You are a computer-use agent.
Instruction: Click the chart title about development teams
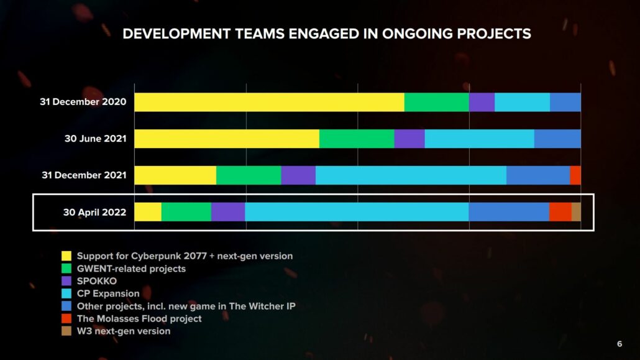tap(326, 34)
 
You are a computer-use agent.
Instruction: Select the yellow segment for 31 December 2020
tap(269, 102)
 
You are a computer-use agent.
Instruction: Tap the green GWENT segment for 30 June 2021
tap(357, 139)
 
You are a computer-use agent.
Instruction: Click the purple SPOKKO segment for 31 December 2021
tap(298, 175)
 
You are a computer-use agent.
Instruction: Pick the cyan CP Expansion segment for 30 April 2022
tap(357, 212)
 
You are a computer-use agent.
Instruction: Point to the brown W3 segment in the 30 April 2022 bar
tap(576, 212)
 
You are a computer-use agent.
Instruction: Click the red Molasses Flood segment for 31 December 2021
tap(575, 175)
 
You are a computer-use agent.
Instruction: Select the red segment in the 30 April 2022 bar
tap(560, 212)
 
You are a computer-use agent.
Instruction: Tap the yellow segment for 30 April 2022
tap(148, 212)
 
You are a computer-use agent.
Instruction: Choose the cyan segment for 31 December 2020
tap(522, 102)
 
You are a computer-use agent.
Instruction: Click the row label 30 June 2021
tap(95, 139)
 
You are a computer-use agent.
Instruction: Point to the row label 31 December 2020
tap(83, 102)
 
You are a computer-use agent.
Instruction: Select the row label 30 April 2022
tap(94, 212)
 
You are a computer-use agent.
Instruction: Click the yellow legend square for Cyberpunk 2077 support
tap(66, 256)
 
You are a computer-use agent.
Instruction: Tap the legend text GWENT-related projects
tap(131, 269)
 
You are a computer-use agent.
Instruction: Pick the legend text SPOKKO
tap(96, 281)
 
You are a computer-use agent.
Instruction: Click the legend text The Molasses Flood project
tap(139, 318)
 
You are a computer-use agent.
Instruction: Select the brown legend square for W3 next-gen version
tap(66, 331)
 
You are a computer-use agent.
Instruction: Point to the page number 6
tap(619, 344)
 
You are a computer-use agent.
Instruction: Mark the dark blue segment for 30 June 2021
tap(557, 139)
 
